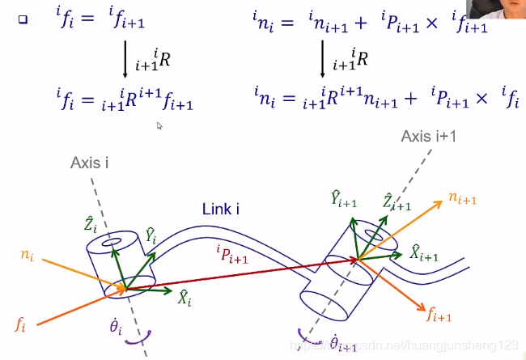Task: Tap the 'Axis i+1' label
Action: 429,136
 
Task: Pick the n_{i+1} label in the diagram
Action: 464,197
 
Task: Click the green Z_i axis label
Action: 91,223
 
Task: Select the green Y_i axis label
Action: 151,235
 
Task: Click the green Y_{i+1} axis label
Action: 343,199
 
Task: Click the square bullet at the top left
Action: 23,19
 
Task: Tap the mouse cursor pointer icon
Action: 159,125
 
